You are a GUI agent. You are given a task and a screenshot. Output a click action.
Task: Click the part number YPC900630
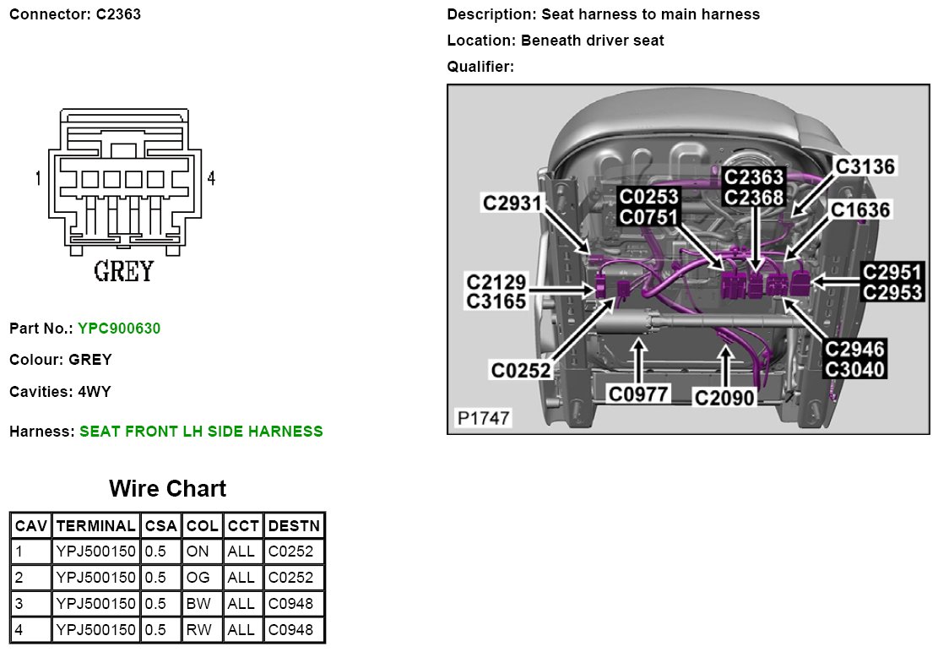click(x=119, y=328)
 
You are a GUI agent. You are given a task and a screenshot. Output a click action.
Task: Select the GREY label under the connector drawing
click(x=124, y=271)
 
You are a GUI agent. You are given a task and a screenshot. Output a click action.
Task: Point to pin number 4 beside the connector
click(x=211, y=178)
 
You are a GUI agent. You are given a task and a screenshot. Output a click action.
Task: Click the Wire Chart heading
click(x=167, y=488)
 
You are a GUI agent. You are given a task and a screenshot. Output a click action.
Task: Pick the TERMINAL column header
click(x=95, y=525)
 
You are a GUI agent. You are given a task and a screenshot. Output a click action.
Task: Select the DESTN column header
click(x=294, y=525)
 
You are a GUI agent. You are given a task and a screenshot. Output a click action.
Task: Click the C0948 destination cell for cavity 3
click(x=290, y=604)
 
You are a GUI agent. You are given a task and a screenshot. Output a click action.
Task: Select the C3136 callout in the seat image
click(x=865, y=166)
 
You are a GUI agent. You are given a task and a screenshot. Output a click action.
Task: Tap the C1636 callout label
click(x=859, y=209)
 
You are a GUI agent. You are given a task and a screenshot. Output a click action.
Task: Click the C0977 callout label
click(x=639, y=393)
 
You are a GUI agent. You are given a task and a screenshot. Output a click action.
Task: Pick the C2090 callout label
click(x=724, y=397)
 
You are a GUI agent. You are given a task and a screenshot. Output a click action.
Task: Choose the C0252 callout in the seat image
click(x=521, y=370)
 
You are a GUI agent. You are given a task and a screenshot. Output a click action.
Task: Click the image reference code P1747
click(x=483, y=418)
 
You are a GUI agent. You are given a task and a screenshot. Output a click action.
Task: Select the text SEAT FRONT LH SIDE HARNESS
click(x=201, y=432)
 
